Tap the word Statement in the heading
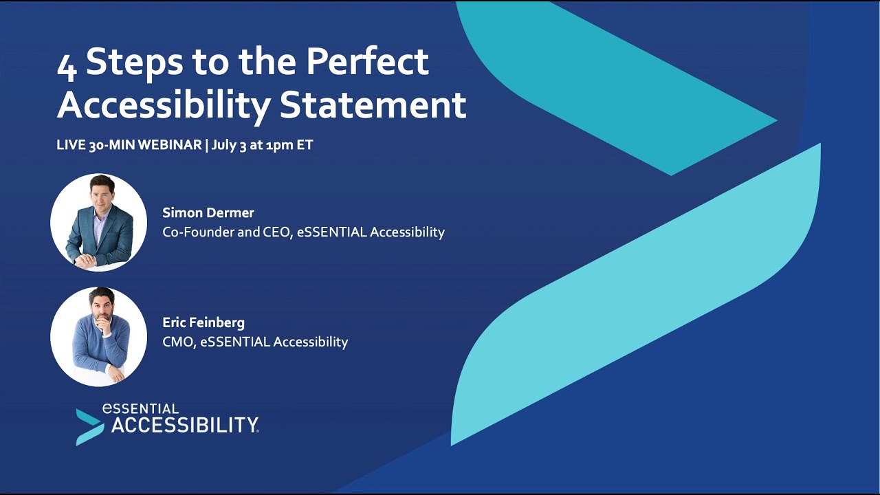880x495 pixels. click(373, 105)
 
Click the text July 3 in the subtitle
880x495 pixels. click(228, 146)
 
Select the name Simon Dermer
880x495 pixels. click(208, 212)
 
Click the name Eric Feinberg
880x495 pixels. click(203, 322)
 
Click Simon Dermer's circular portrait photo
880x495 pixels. click(98, 222)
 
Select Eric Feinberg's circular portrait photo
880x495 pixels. click(98, 336)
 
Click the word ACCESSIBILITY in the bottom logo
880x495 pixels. click(184, 426)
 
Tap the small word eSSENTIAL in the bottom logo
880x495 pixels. click(140, 409)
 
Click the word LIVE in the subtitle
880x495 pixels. click(71, 146)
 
